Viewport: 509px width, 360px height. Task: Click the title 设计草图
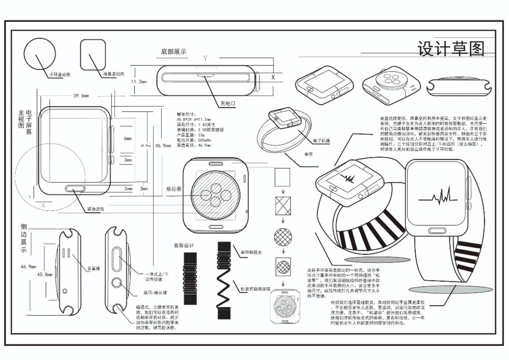click(451, 49)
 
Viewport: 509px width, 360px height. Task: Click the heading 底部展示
click(174, 52)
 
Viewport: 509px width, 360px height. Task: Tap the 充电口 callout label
click(228, 103)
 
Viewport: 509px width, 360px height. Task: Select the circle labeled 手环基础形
click(40, 54)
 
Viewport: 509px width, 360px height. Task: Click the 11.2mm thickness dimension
click(139, 81)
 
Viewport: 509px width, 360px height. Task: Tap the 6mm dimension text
click(128, 139)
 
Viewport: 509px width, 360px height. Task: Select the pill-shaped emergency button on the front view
click(76, 188)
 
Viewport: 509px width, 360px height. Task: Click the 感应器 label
click(174, 189)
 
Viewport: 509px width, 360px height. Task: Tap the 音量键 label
click(94, 269)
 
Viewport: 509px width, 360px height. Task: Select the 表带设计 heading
click(183, 246)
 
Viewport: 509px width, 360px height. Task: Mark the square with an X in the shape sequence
click(283, 206)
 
